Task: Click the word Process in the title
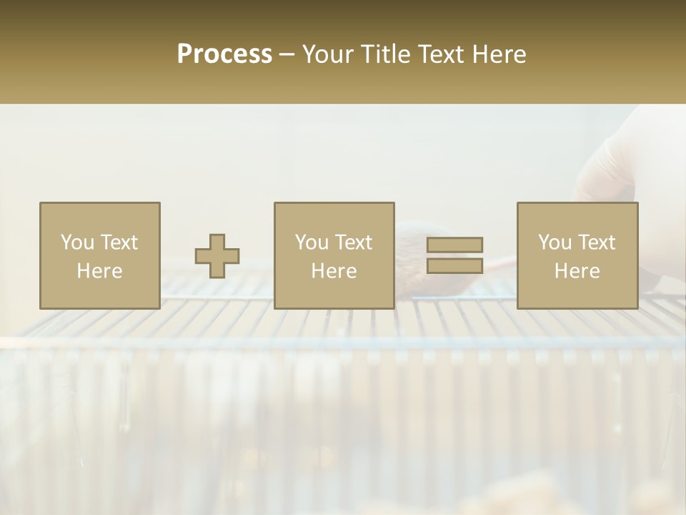click(x=224, y=54)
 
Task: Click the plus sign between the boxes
click(x=217, y=255)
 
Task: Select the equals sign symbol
click(x=454, y=255)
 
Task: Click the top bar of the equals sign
click(x=454, y=245)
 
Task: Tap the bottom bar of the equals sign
click(x=454, y=265)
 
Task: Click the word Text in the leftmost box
click(x=119, y=242)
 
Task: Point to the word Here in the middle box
click(x=334, y=271)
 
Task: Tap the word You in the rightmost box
click(x=556, y=242)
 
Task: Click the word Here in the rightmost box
click(x=577, y=271)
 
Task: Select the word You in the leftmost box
click(x=78, y=242)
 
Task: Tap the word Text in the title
click(x=437, y=54)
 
